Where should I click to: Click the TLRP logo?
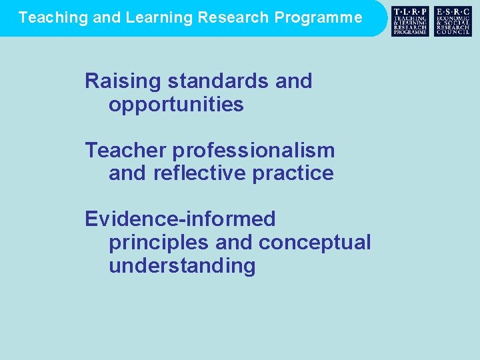[410, 21]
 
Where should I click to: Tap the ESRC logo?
[453, 21]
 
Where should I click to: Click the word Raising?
[123, 81]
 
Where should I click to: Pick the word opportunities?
[176, 105]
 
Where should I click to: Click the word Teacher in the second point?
[123, 151]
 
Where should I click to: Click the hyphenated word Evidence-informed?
[180, 219]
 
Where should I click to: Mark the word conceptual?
[315, 243]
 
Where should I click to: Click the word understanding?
[182, 266]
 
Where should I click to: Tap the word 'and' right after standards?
[293, 81]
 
